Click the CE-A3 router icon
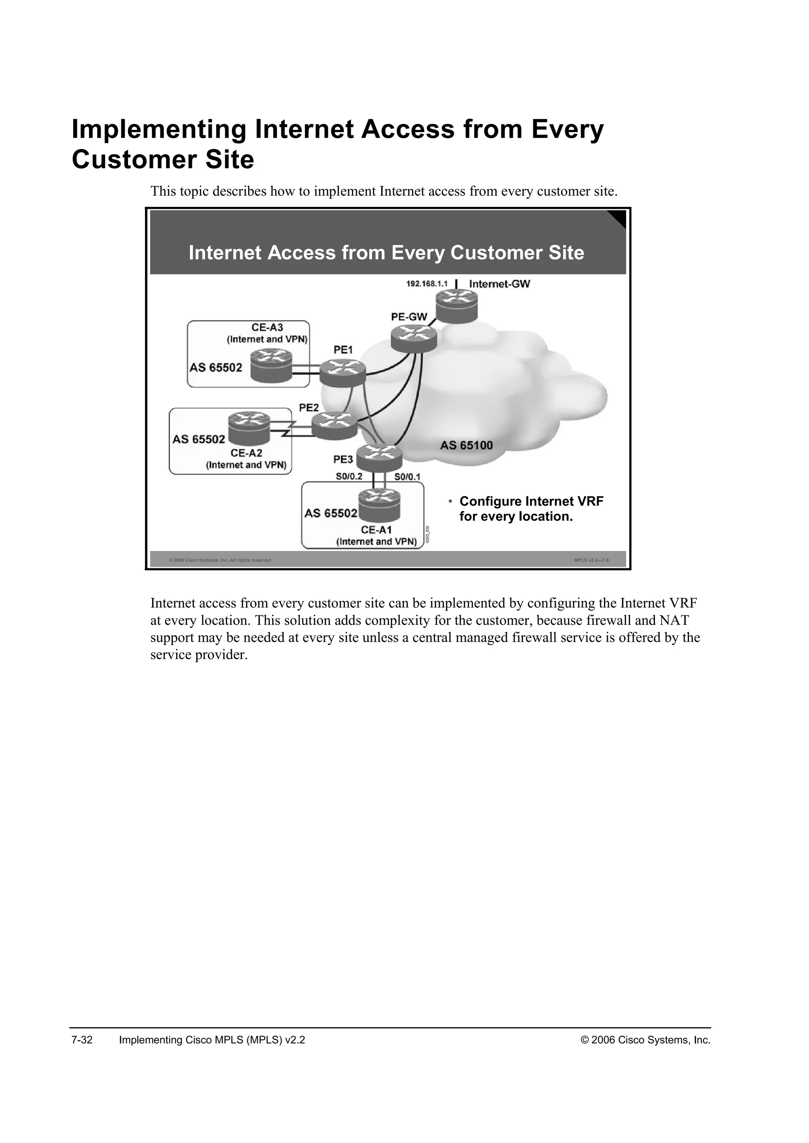pyautogui.click(x=271, y=365)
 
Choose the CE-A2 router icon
pyautogui.click(x=249, y=427)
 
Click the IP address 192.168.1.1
pyautogui.click(x=427, y=284)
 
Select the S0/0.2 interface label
pyautogui.click(x=349, y=476)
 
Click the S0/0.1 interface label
pyautogui.click(x=408, y=477)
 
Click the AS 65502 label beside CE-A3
pyautogui.click(x=216, y=367)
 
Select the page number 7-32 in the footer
pyautogui.click(x=82, y=1040)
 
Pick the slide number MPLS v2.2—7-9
pyautogui.click(x=591, y=560)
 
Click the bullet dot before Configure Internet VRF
pyautogui.click(x=450, y=501)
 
